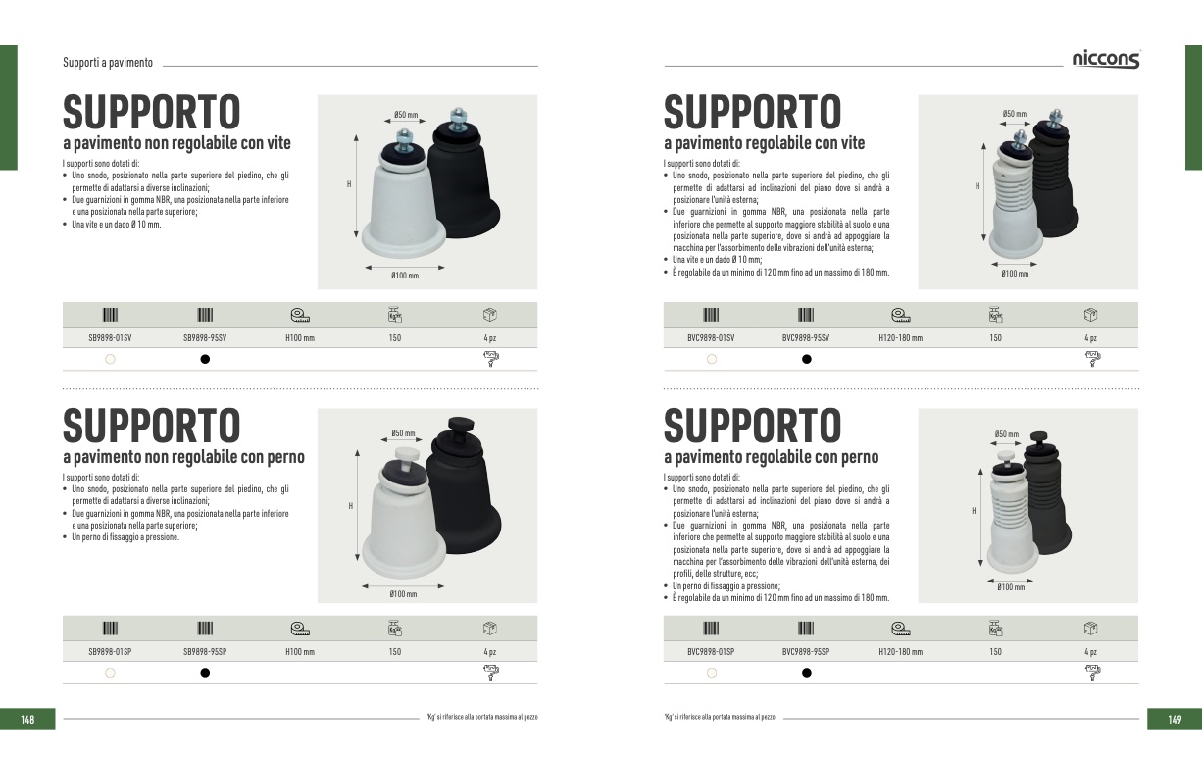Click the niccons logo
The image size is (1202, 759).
[x=1106, y=59]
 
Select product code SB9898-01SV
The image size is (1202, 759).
[x=110, y=338]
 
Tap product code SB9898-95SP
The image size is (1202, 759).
[x=205, y=652]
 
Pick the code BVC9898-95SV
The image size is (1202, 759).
[x=806, y=338]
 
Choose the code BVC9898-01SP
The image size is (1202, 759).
[x=711, y=652]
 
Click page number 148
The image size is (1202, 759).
[x=27, y=719]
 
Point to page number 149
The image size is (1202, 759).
[x=1175, y=719]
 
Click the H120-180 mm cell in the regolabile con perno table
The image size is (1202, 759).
[x=900, y=652]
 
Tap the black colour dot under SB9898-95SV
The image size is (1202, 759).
[x=205, y=359]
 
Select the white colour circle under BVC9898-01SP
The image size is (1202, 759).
[x=712, y=673]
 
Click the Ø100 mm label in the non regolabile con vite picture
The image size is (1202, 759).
[x=405, y=276]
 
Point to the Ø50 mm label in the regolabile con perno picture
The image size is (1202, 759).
[x=1006, y=433]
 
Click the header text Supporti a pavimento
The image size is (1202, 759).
[x=108, y=62]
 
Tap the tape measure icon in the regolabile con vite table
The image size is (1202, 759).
[x=900, y=315]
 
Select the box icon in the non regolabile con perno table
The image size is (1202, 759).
[x=490, y=628]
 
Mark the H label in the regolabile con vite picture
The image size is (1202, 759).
[x=977, y=186]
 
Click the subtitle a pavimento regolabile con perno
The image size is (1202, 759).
[x=772, y=457]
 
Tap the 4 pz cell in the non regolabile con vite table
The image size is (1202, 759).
[x=490, y=338]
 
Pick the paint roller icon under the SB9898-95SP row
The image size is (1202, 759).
[x=491, y=673]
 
